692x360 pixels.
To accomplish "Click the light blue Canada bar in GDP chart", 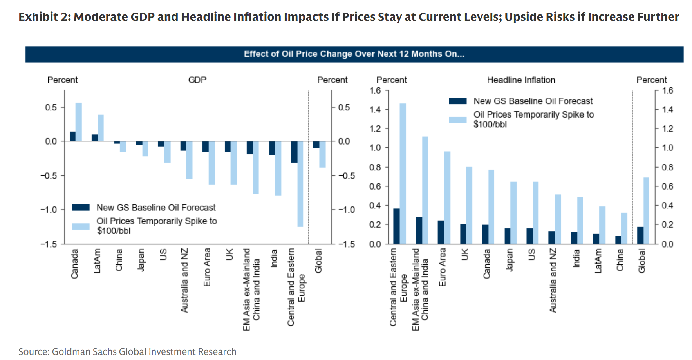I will coord(79,122).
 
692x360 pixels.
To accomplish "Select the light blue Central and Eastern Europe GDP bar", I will coord(300,184).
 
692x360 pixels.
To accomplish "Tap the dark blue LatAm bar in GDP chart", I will coord(95,138).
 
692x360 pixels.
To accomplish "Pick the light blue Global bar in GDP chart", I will coord(322,154).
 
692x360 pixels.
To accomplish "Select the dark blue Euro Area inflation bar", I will coord(441,232).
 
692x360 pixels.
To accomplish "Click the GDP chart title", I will coord(197,80).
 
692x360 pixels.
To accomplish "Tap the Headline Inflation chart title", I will coord(521,80).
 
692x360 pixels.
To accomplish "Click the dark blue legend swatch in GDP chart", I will coord(81,208).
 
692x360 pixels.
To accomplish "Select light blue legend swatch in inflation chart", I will coord(457,119).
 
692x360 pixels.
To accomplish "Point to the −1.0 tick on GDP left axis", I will coord(49,210).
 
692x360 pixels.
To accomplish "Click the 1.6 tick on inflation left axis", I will coord(375,91).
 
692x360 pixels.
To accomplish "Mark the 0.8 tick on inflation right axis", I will coord(667,167).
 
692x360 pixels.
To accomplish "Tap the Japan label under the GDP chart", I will coord(141,260).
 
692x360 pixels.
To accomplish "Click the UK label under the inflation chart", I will coord(465,255).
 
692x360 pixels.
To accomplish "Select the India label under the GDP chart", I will coord(274,259).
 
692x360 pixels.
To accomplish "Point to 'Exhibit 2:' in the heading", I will coord(45,17).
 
